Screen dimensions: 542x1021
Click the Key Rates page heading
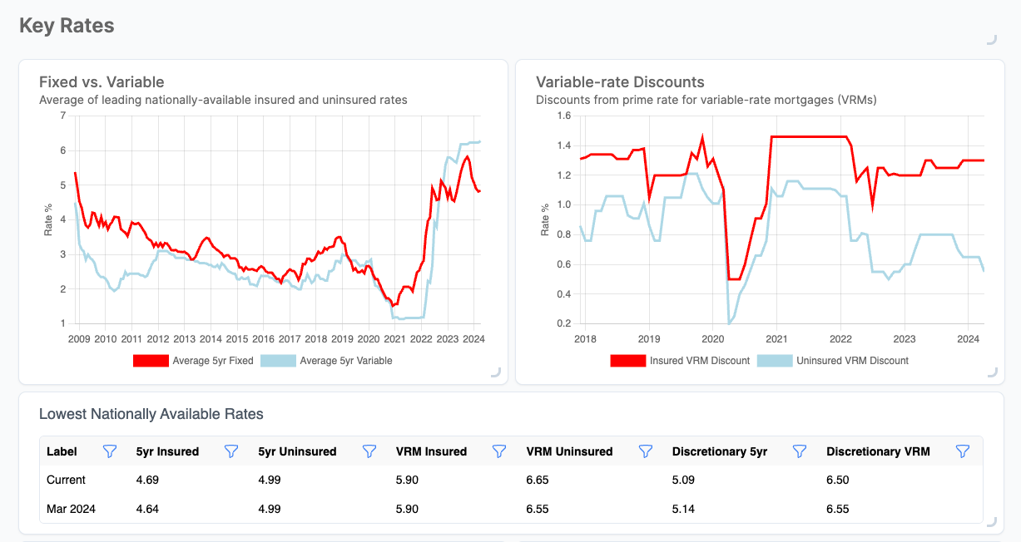tap(67, 26)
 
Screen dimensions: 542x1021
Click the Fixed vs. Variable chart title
tap(102, 81)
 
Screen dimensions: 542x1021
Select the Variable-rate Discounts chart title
tap(620, 81)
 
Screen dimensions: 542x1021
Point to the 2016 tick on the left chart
tap(263, 339)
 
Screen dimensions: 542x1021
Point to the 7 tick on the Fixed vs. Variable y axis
tap(62, 116)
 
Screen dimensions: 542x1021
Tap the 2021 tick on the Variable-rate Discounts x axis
tap(776, 339)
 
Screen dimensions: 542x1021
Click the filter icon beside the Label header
tap(109, 451)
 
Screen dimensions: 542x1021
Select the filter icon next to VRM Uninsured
tap(645, 451)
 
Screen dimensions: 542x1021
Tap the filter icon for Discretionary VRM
tap(963, 451)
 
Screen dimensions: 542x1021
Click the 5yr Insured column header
tap(167, 451)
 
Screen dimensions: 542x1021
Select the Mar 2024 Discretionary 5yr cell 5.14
tap(684, 509)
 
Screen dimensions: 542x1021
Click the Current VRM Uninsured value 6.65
tap(538, 480)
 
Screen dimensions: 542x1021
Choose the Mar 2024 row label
tap(71, 509)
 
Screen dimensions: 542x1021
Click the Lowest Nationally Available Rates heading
tap(151, 414)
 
